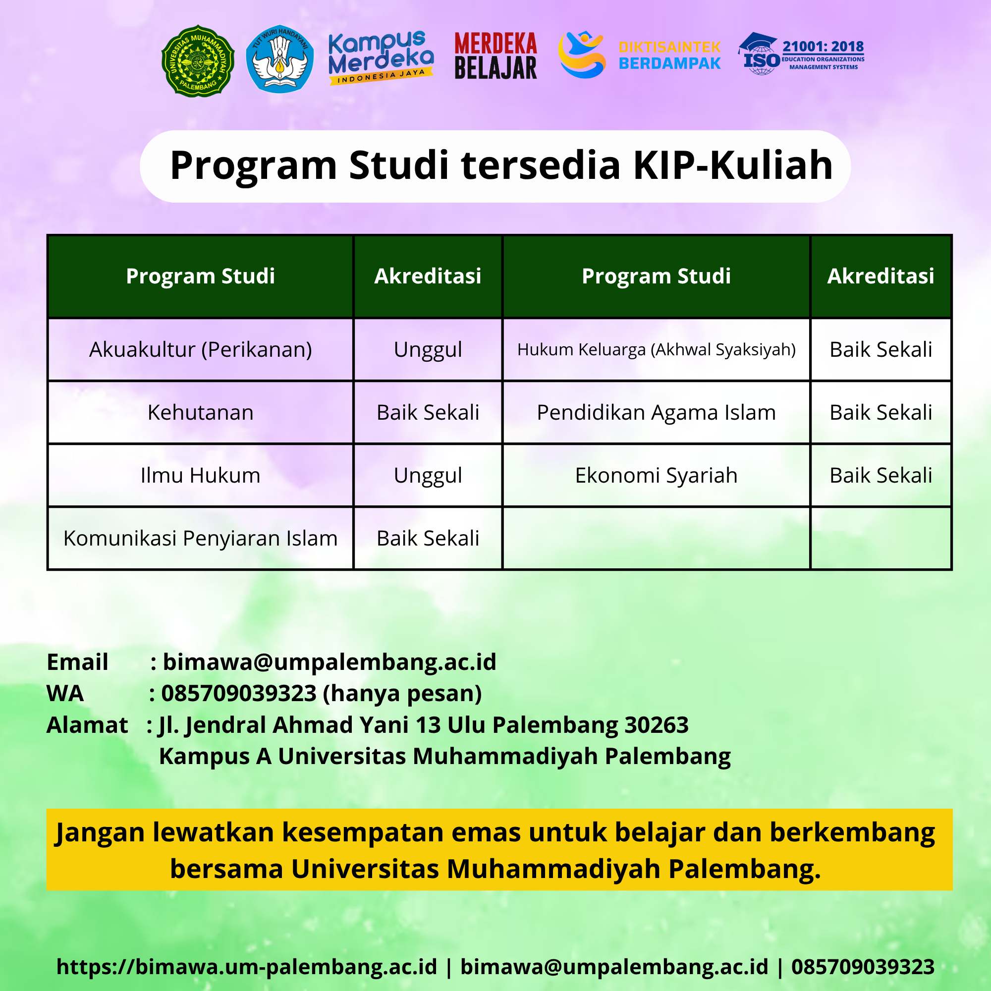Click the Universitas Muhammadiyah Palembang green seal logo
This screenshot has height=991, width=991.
tap(198, 61)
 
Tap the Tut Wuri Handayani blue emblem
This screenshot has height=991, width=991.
tap(279, 59)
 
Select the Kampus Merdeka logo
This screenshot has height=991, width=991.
tap(381, 57)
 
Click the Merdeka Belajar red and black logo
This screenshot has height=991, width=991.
tap(495, 56)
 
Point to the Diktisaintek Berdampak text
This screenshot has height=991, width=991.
tap(669, 55)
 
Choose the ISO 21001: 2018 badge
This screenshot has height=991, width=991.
tap(801, 54)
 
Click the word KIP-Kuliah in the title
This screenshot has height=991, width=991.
tap(733, 165)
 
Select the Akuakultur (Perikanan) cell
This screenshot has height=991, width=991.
tap(201, 350)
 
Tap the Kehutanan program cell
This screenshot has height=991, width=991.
tap(201, 413)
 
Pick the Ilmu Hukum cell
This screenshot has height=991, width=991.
tap(201, 476)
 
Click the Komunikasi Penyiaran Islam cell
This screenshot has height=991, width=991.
tap(201, 539)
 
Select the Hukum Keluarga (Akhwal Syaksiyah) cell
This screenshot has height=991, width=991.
tap(656, 350)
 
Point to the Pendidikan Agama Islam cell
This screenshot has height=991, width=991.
tap(656, 413)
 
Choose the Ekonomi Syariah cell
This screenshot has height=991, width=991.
tap(656, 476)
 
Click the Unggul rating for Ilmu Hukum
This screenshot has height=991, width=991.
tap(428, 476)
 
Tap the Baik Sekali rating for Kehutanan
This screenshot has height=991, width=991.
tap(428, 413)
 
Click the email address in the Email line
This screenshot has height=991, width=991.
tap(330, 662)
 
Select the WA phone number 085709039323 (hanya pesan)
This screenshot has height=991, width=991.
tap(321, 694)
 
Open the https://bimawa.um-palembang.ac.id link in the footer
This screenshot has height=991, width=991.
tap(247, 967)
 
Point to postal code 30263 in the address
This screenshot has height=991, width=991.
tap(656, 725)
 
